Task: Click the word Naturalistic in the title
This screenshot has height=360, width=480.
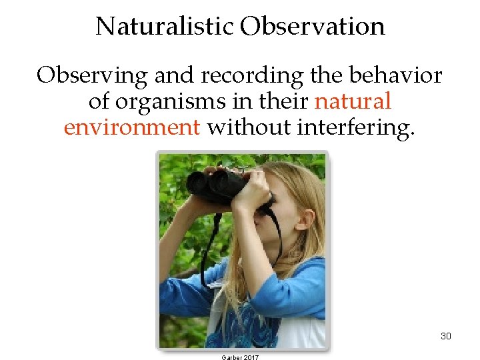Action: click(x=165, y=27)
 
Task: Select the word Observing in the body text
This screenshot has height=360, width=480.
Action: click(x=92, y=76)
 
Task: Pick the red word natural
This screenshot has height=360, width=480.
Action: click(x=352, y=102)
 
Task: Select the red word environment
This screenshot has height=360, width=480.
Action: click(x=131, y=127)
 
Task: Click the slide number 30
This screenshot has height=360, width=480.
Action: click(x=445, y=336)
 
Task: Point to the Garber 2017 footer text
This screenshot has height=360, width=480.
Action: click(x=239, y=357)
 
